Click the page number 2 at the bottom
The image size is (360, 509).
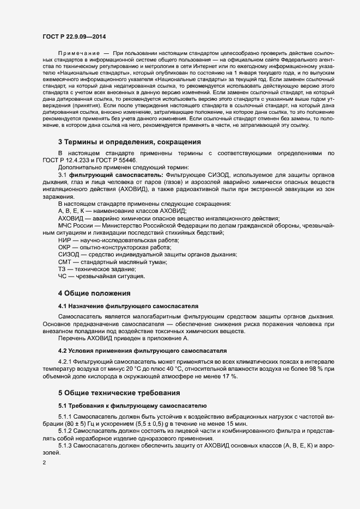point(44,463)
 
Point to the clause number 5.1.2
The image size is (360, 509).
point(66,431)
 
